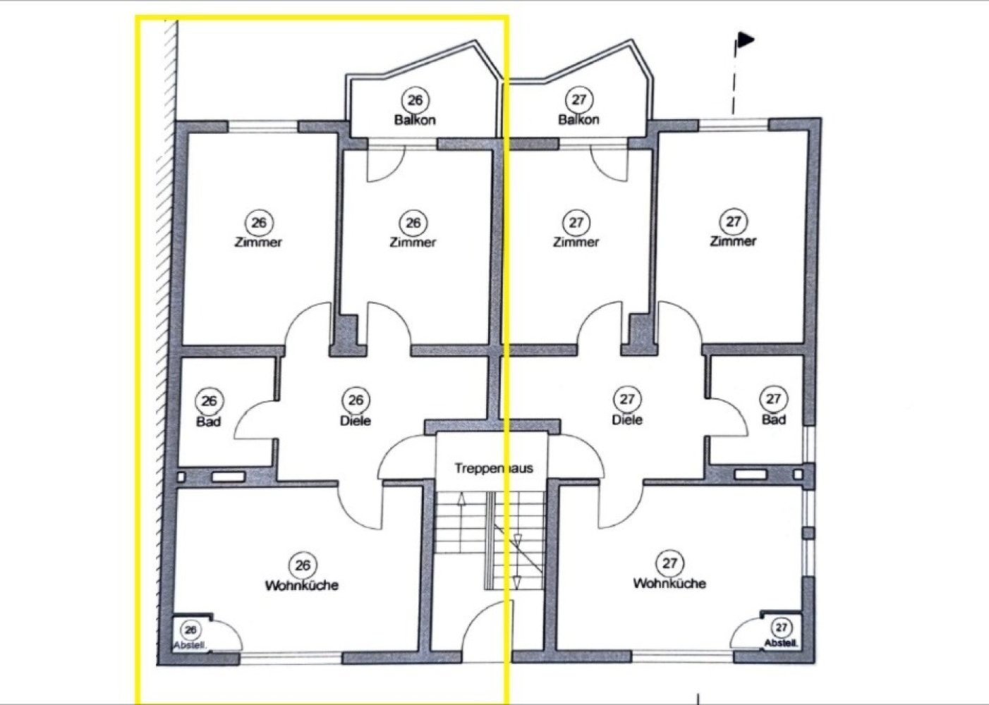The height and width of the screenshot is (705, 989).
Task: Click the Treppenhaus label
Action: (x=494, y=468)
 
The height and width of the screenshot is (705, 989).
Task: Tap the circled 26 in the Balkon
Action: (x=415, y=100)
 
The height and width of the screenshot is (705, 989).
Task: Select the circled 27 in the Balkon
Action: (x=579, y=99)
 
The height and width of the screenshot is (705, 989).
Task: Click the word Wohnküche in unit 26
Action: (x=302, y=585)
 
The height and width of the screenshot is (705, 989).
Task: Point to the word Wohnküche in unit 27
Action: (x=669, y=583)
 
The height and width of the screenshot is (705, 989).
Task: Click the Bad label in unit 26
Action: (x=208, y=422)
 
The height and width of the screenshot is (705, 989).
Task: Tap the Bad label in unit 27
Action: (x=774, y=419)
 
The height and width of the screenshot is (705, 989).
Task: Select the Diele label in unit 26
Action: (x=356, y=421)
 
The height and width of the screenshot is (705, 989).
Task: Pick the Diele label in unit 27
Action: (x=627, y=419)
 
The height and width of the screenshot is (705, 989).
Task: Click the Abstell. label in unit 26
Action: (x=190, y=646)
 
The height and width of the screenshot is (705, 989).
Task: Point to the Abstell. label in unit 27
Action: (x=781, y=643)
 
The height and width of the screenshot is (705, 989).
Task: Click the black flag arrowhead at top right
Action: (x=746, y=39)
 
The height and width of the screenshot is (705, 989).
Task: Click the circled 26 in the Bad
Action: (x=210, y=401)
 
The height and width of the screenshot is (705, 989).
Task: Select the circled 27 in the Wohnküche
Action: (x=669, y=563)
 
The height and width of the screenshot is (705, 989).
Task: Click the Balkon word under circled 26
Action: (x=415, y=120)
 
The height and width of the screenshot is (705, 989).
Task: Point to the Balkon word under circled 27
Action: (x=579, y=120)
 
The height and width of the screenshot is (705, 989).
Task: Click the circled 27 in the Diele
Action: (x=627, y=399)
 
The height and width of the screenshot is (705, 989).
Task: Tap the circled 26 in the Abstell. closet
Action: (x=190, y=630)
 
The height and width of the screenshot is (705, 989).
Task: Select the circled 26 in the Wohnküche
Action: (x=303, y=565)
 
